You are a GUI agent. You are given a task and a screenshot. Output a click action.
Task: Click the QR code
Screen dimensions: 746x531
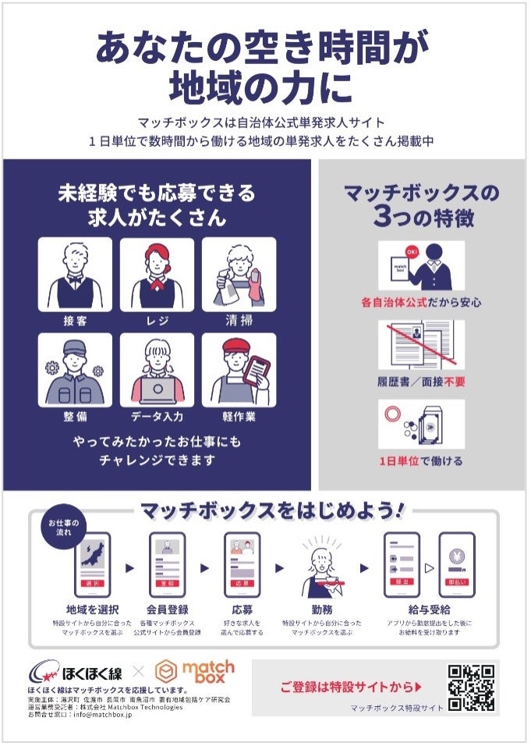(471, 687)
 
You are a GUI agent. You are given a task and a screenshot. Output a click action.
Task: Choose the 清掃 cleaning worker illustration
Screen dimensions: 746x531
(239, 274)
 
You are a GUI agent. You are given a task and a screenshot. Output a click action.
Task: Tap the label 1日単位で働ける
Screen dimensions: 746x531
(421, 461)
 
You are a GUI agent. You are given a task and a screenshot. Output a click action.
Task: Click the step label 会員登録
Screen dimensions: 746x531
(167, 609)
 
